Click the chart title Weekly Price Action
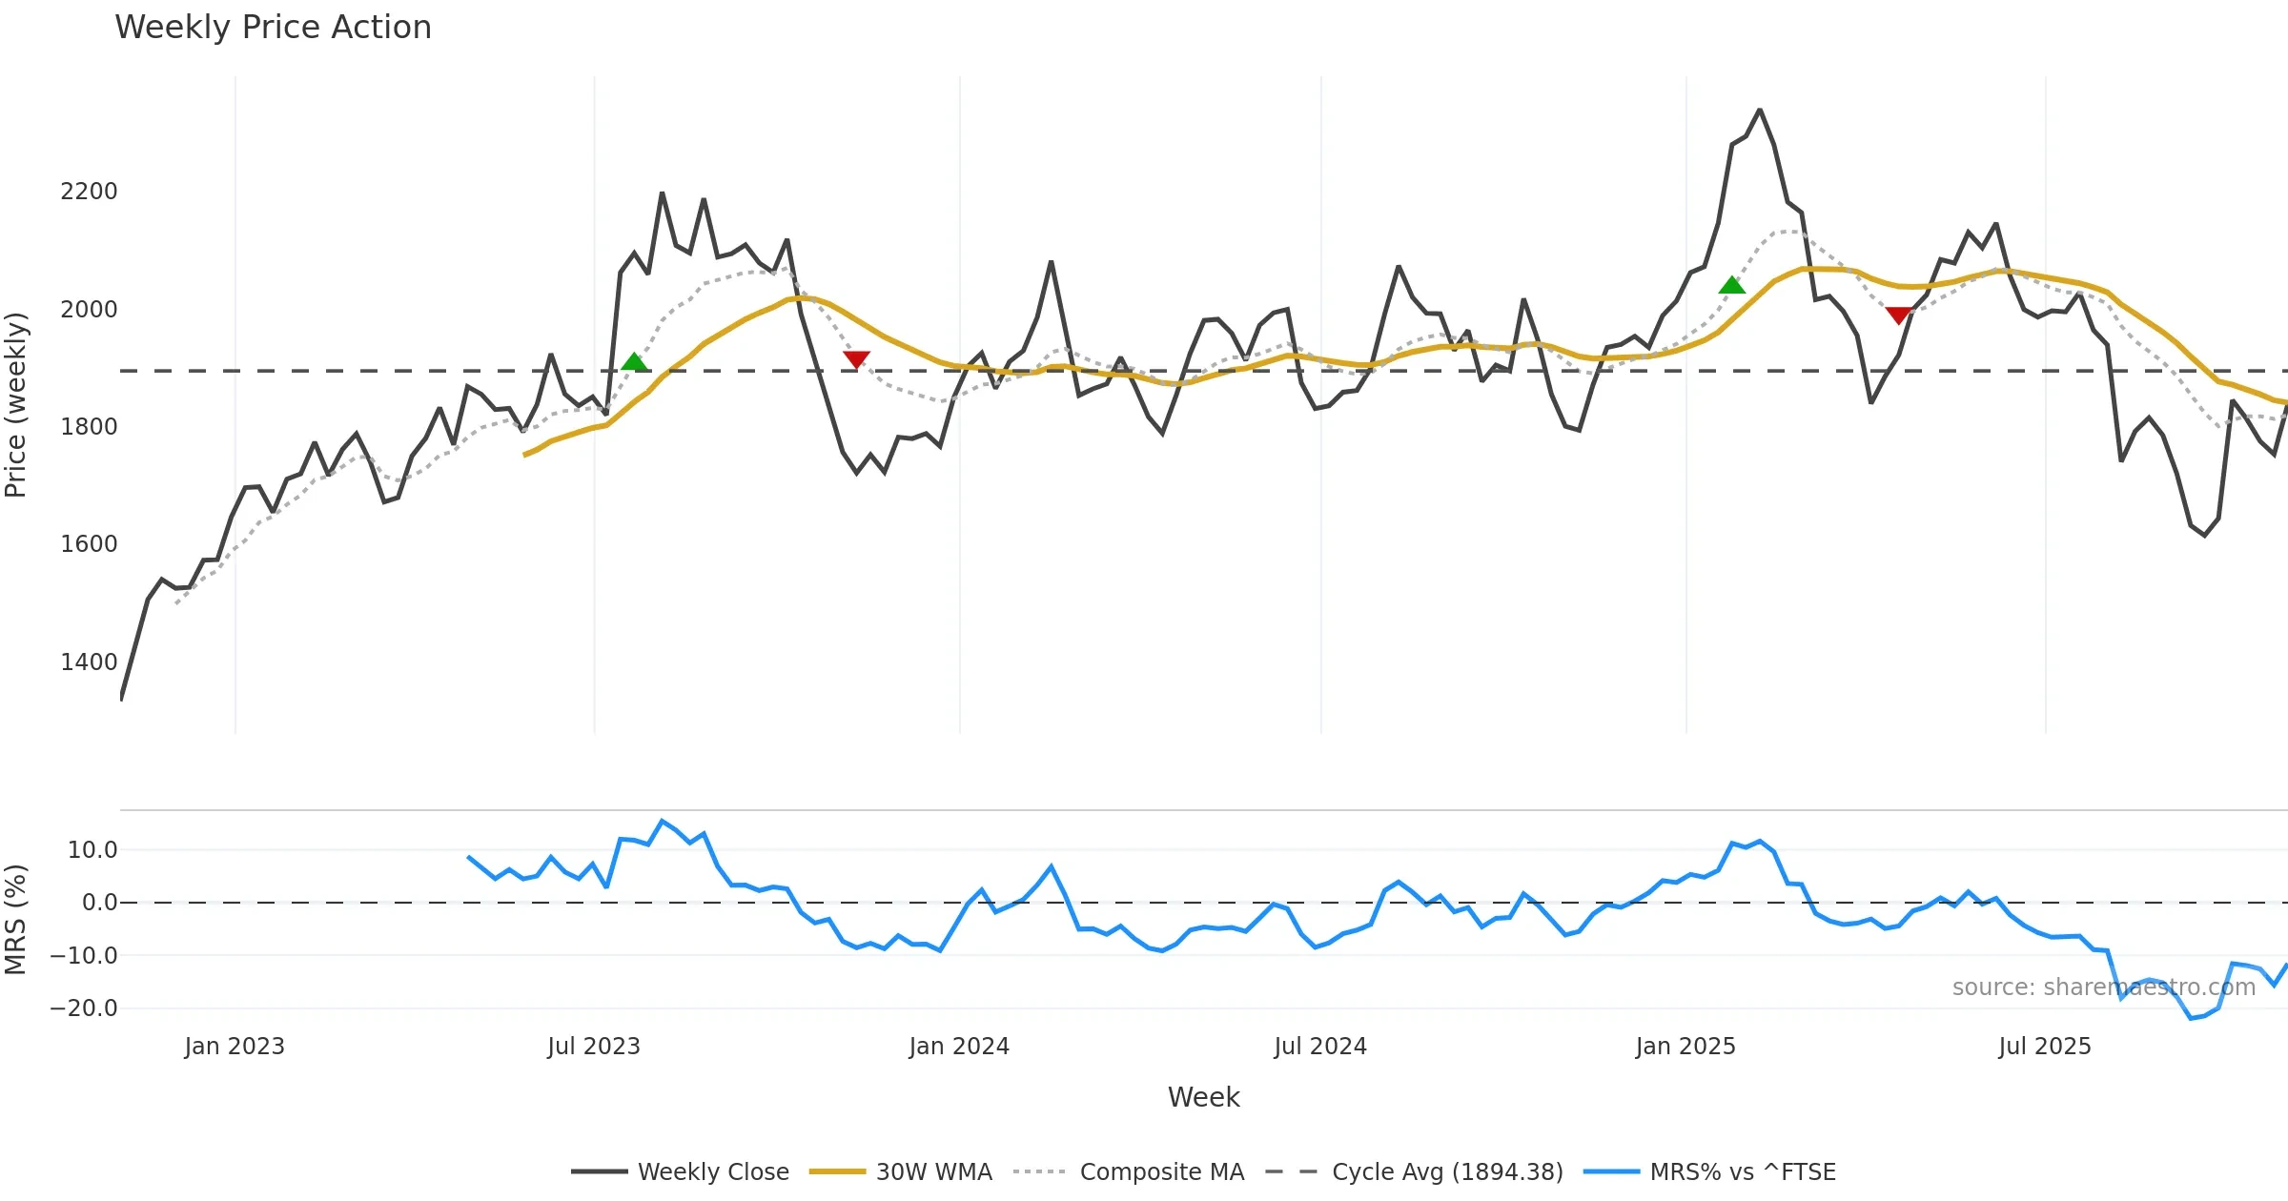point(273,28)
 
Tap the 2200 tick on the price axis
point(89,192)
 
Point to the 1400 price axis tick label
point(89,662)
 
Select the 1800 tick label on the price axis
point(89,427)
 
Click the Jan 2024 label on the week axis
point(958,1047)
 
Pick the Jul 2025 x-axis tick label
point(2044,1047)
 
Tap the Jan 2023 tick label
point(235,1047)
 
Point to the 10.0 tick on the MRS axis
point(92,850)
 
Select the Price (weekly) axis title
point(16,405)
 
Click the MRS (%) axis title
point(16,920)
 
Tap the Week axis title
point(1203,1098)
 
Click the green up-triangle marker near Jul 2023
point(634,362)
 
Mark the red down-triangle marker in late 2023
point(856,358)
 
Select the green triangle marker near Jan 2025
point(1731,285)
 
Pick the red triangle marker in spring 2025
point(1898,315)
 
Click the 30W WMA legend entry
point(901,1172)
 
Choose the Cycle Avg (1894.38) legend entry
point(1415,1172)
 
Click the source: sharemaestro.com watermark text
point(2103,987)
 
